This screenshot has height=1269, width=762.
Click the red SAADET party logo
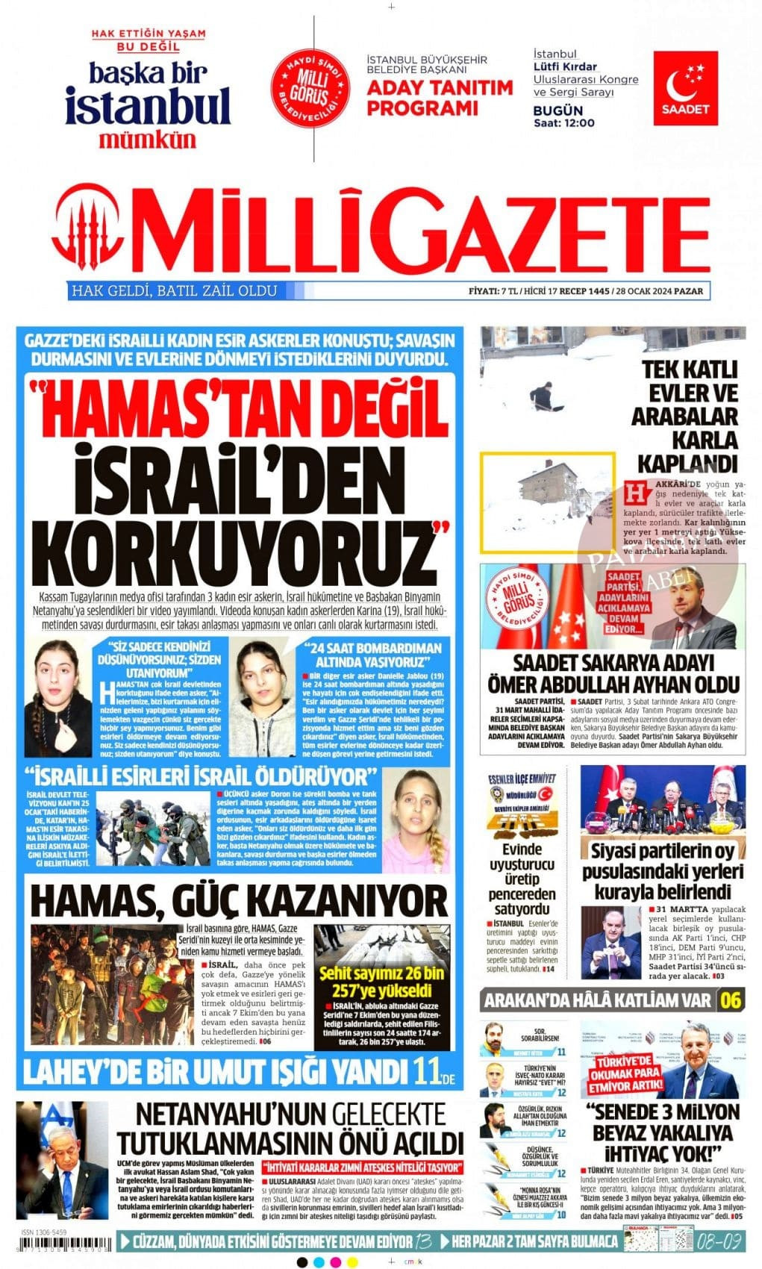[685, 88]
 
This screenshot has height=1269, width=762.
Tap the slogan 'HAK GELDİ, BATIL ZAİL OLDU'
[174, 291]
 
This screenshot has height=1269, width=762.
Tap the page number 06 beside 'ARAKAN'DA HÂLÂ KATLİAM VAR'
[731, 1000]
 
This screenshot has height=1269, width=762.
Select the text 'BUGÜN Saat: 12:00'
[563, 116]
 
